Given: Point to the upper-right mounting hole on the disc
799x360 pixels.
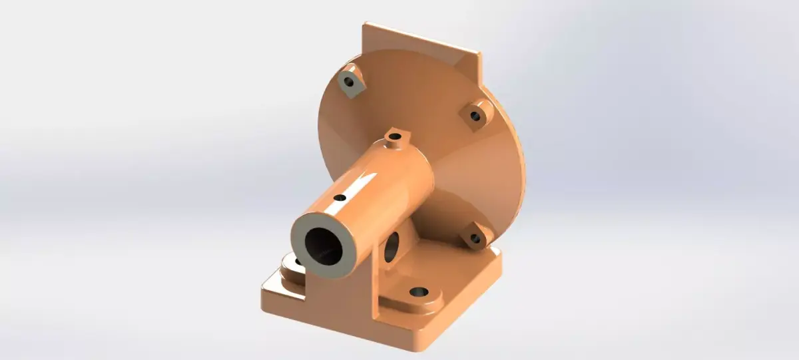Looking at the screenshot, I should click(x=475, y=115).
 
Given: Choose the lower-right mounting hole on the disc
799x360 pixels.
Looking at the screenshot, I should click(x=475, y=238).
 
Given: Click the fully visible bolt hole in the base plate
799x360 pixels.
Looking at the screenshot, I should click(x=418, y=292).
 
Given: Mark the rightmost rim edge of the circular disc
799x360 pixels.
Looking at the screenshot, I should click(x=524, y=166).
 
